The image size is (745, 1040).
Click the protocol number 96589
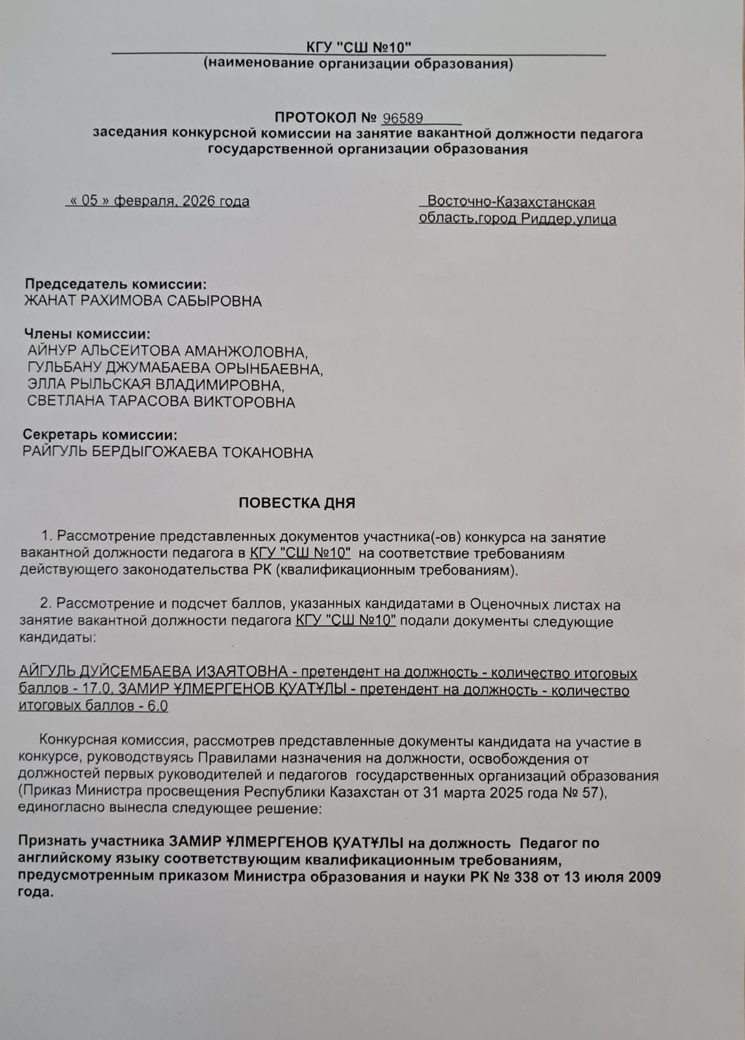tap(403, 118)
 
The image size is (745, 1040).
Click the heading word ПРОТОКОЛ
tap(316, 118)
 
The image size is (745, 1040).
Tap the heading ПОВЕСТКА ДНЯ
tap(297, 503)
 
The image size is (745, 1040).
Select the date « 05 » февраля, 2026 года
tap(158, 201)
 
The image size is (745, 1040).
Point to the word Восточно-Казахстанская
tap(511, 202)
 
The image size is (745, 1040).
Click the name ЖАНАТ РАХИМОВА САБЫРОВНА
tap(143, 301)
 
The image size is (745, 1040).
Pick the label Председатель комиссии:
tap(116, 284)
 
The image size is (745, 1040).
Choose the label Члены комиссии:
tap(87, 334)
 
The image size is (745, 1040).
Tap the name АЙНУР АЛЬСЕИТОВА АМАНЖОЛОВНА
tap(167, 352)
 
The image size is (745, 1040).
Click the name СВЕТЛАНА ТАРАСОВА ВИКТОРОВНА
tap(161, 402)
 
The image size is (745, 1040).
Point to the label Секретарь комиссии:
tap(100, 435)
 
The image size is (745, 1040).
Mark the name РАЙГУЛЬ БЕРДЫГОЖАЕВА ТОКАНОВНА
tap(168, 452)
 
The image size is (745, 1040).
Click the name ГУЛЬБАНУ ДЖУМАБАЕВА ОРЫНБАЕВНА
tap(175, 369)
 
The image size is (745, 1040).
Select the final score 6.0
tap(158, 706)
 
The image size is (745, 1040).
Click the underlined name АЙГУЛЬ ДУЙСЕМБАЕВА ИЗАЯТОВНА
tap(153, 671)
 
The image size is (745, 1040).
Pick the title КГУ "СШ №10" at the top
tap(359, 47)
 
